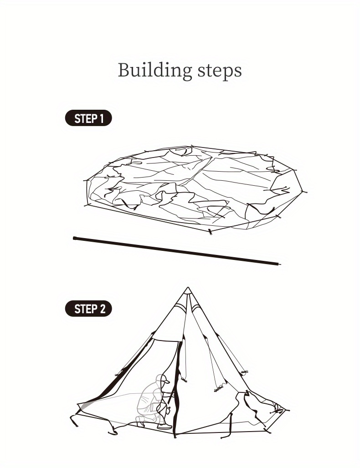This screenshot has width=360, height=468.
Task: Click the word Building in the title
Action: [x=154, y=71]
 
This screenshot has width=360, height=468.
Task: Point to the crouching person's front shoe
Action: [x=164, y=426]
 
